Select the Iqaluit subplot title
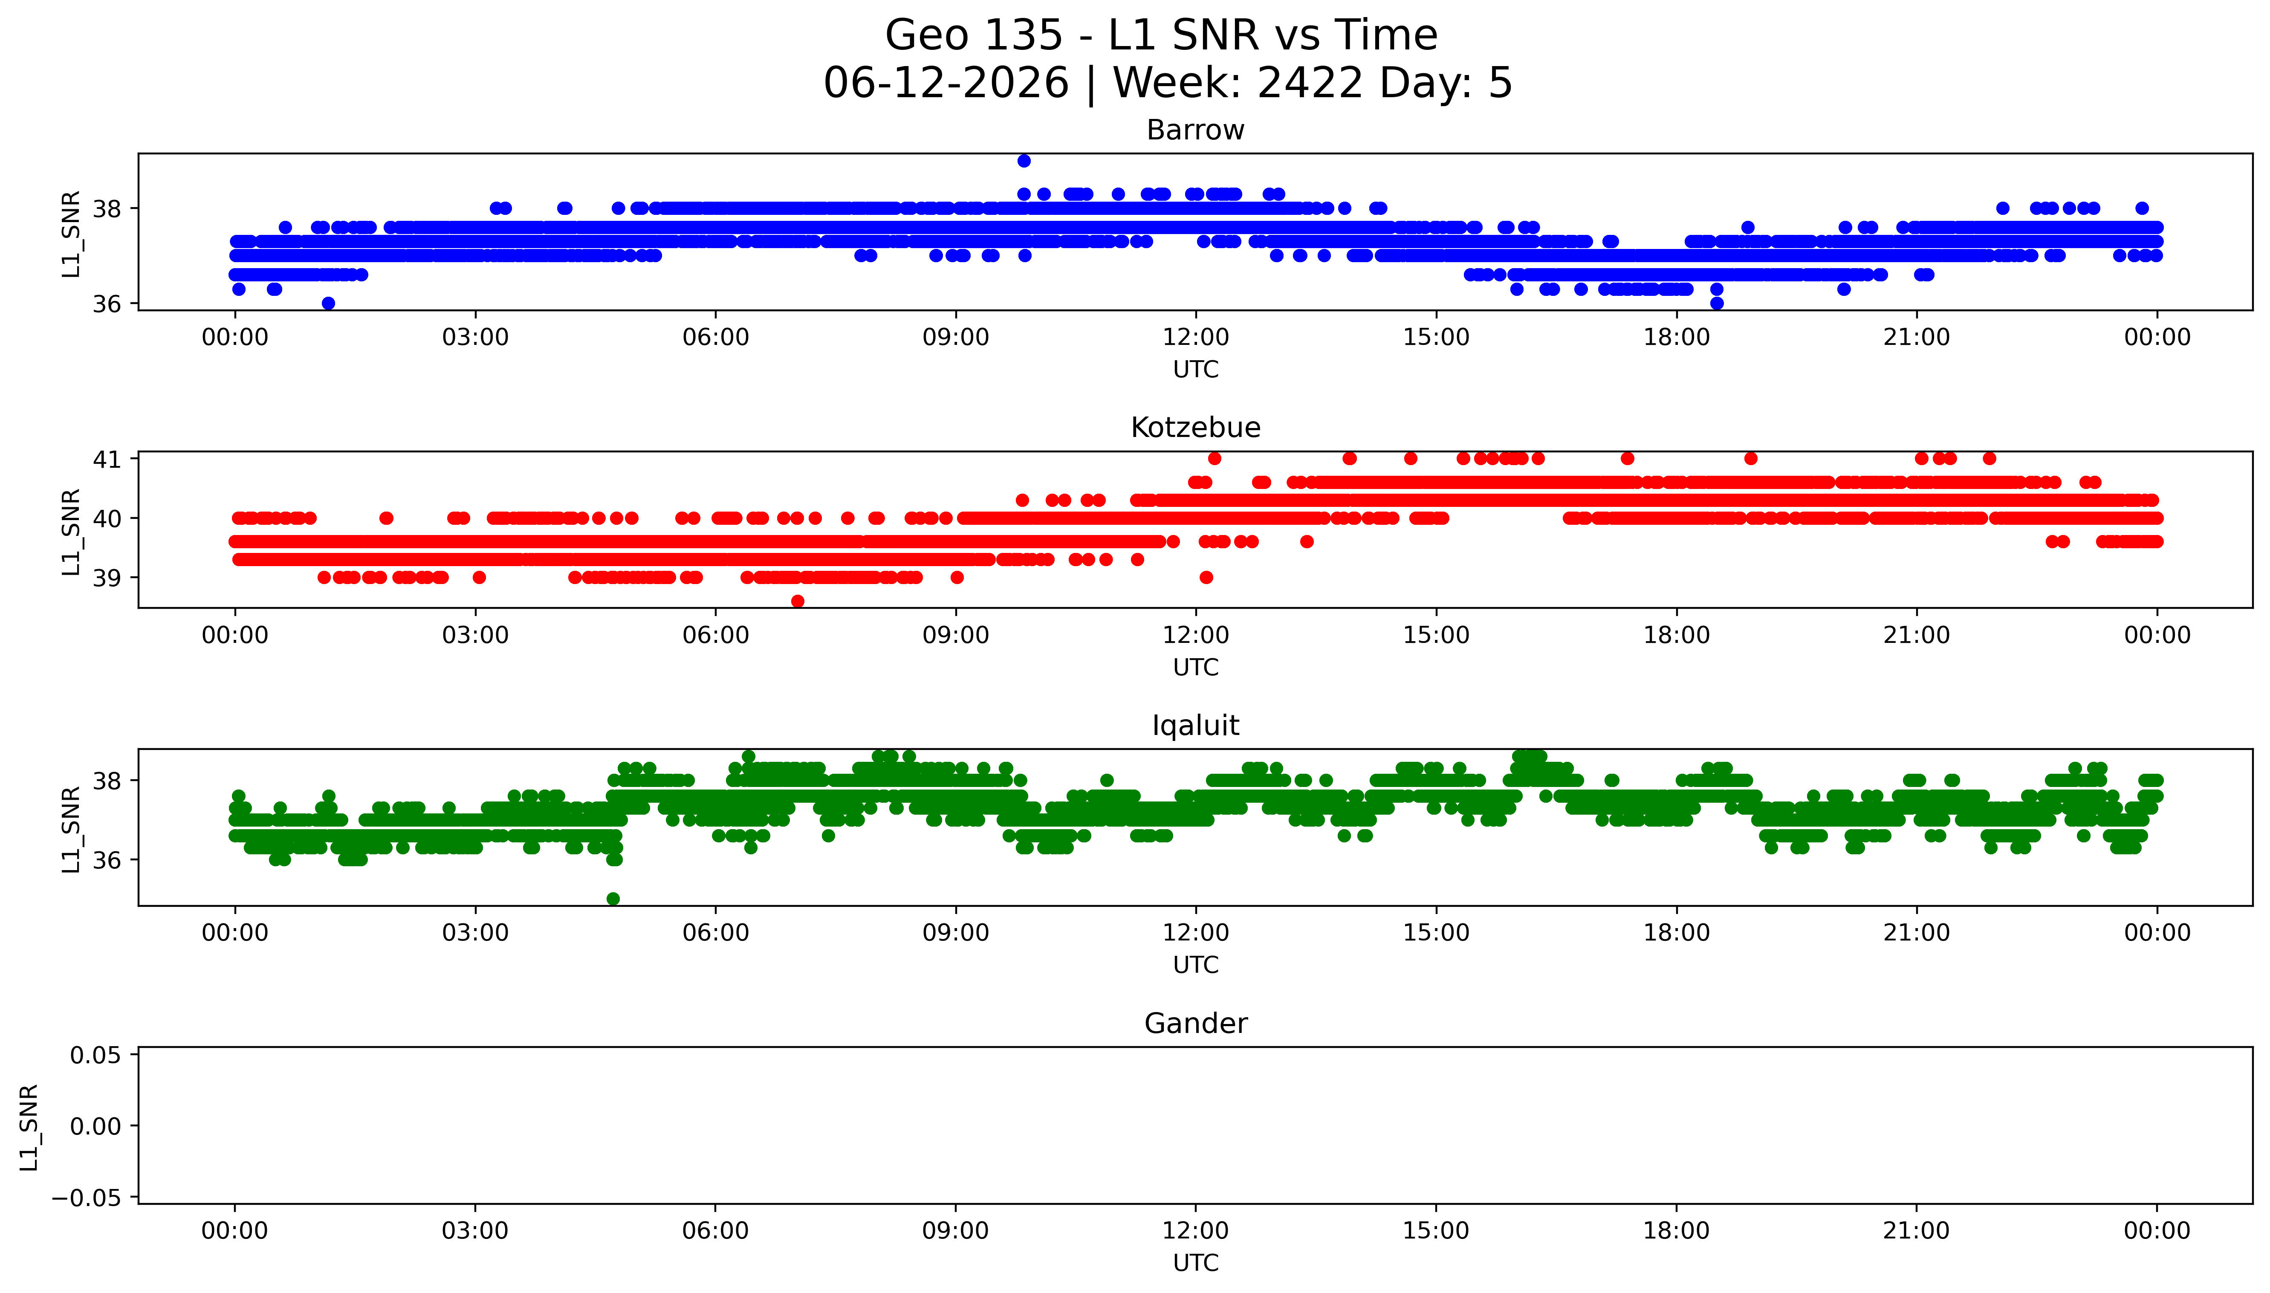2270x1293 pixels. coord(1195,726)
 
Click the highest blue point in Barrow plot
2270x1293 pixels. coord(1024,161)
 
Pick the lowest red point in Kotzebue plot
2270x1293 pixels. coord(797,601)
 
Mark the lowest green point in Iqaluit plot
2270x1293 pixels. coord(613,899)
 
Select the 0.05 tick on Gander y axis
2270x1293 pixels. coord(96,1055)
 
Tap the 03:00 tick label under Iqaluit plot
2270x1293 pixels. coord(475,932)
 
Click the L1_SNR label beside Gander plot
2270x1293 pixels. coord(29,1126)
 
